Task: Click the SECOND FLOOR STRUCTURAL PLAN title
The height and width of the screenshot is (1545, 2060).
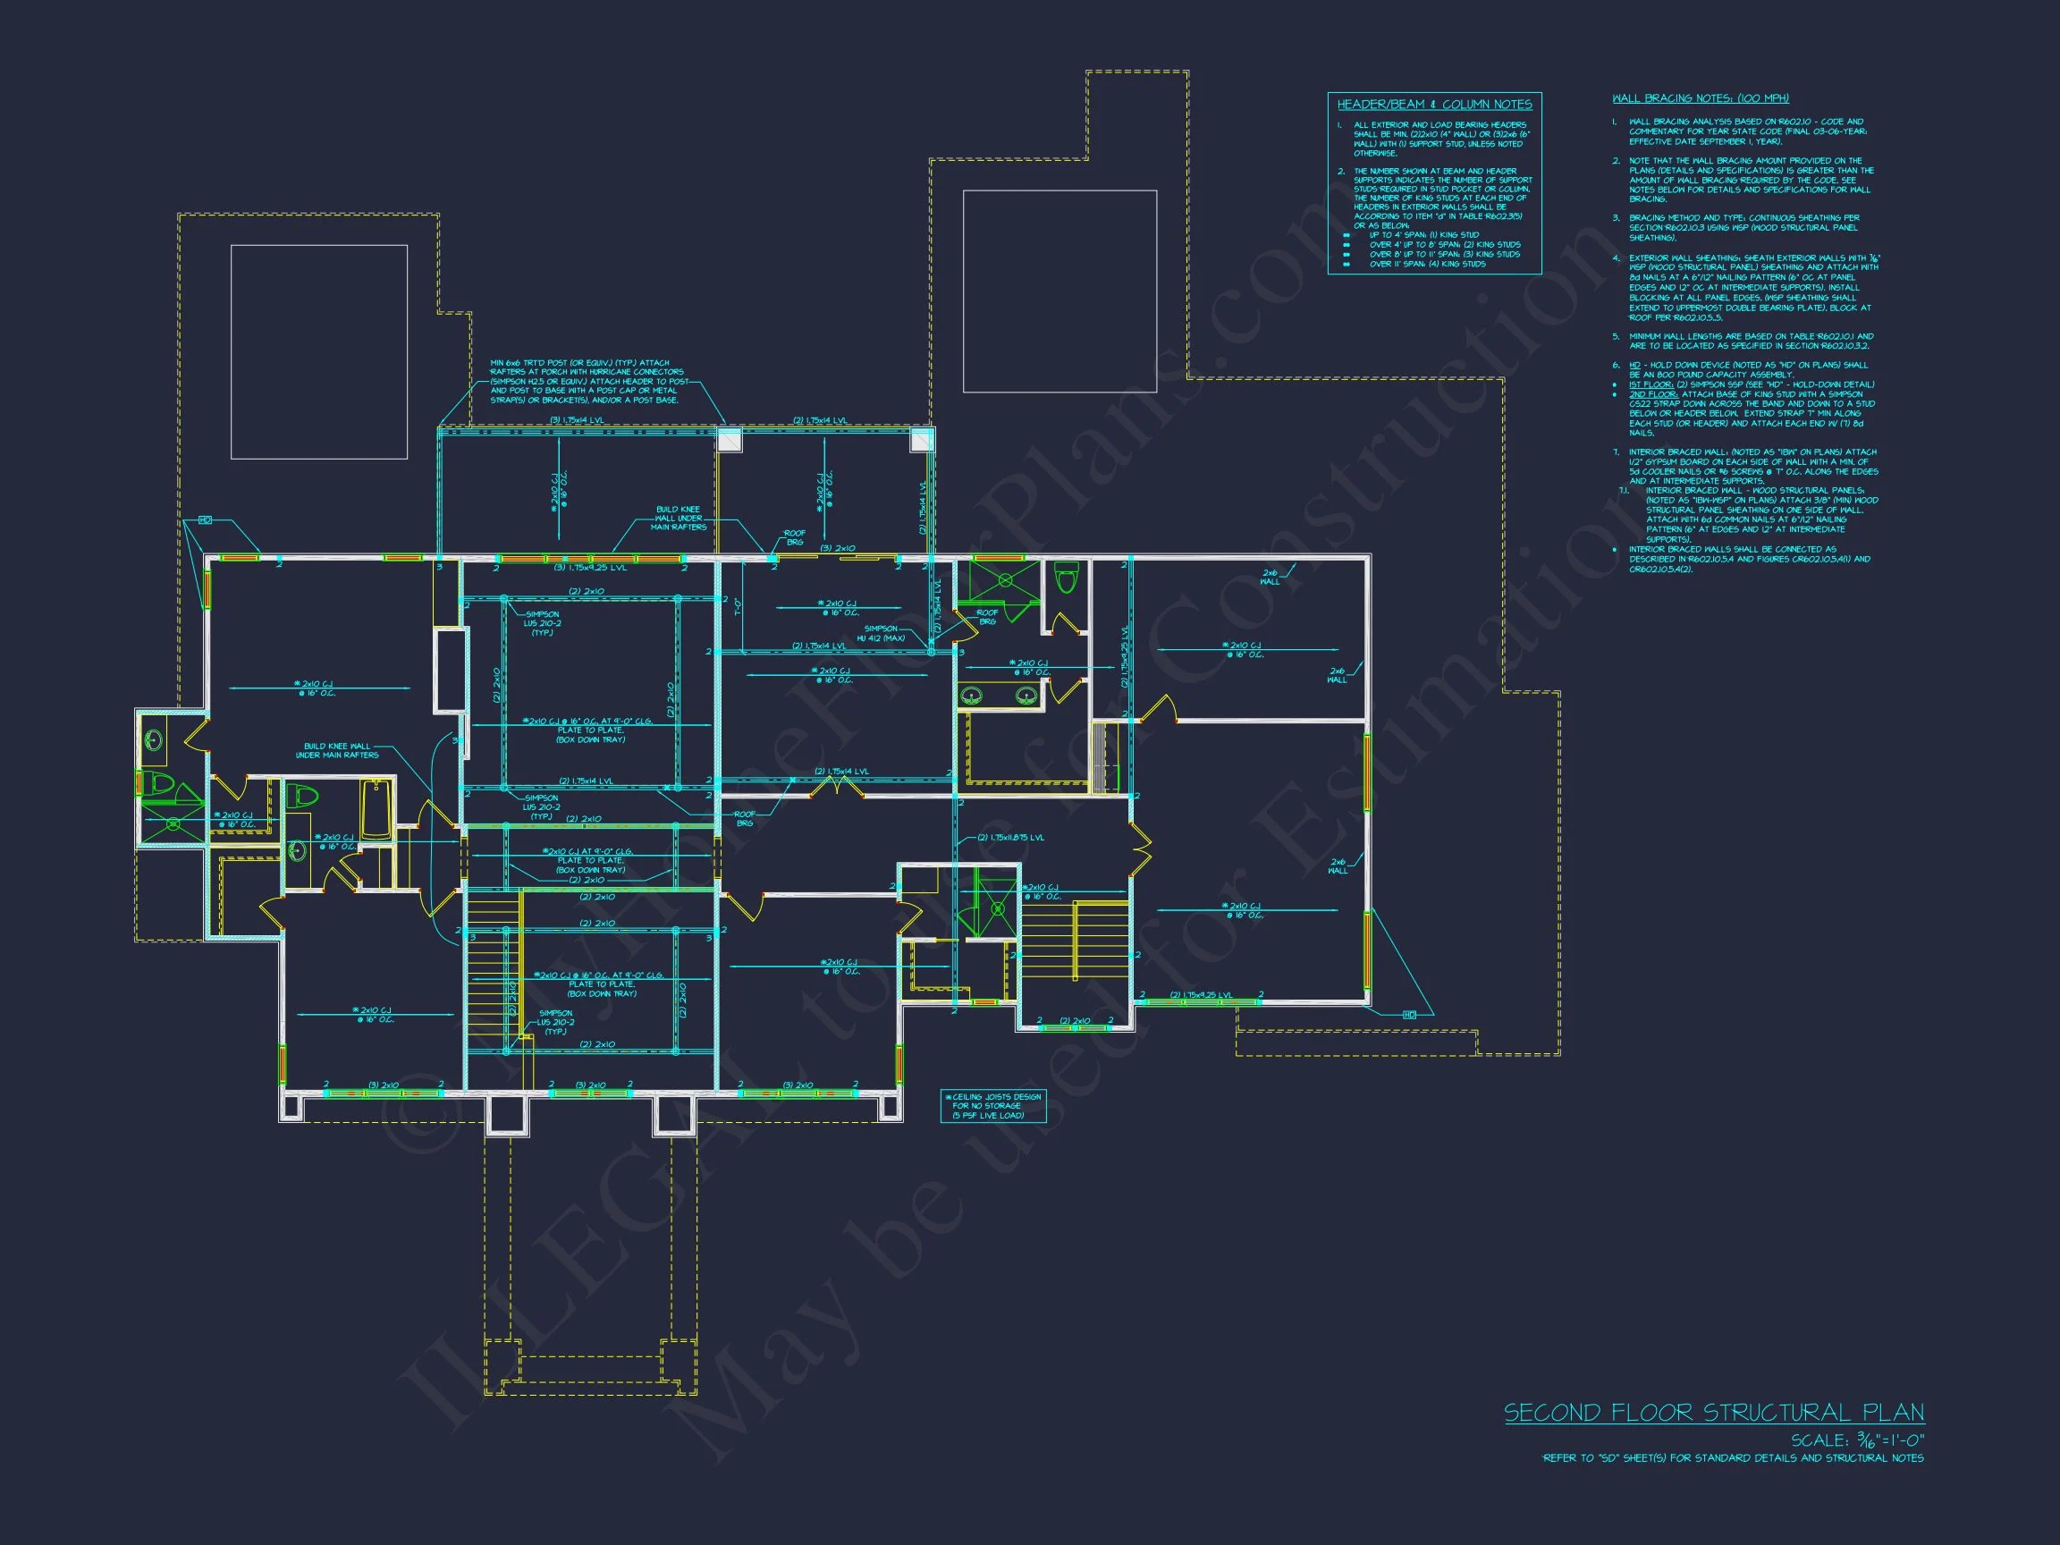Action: click(x=1714, y=1412)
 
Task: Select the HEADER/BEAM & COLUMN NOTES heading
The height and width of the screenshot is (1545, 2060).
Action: click(x=1434, y=105)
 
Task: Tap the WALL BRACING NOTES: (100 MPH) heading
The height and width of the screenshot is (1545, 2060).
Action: click(x=1700, y=97)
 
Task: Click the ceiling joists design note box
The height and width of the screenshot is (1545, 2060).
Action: click(x=992, y=1105)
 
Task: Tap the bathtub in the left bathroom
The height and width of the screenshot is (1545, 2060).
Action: click(x=376, y=809)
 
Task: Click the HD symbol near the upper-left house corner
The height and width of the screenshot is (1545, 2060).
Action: click(x=206, y=519)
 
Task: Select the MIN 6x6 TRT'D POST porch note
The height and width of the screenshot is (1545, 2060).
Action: click(x=587, y=382)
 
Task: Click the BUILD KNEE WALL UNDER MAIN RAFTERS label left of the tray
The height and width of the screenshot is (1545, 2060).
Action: click(x=336, y=751)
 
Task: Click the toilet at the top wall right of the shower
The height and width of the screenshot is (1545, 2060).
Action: click(x=1068, y=578)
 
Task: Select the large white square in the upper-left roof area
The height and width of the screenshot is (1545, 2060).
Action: click(x=318, y=351)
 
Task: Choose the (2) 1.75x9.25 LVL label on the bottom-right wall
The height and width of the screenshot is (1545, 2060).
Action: click(x=1201, y=994)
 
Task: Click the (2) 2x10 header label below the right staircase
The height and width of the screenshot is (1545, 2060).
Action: click(x=1075, y=1021)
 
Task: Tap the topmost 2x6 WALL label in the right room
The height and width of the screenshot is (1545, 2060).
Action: click(x=1271, y=577)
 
